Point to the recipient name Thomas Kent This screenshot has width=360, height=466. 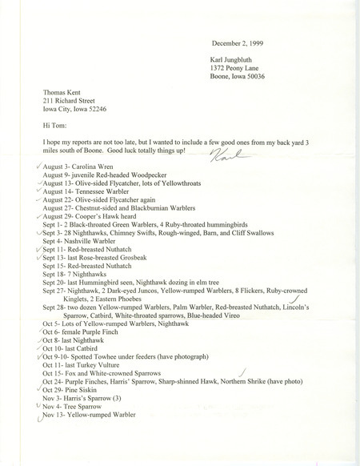pyautogui.click(x=67, y=93)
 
